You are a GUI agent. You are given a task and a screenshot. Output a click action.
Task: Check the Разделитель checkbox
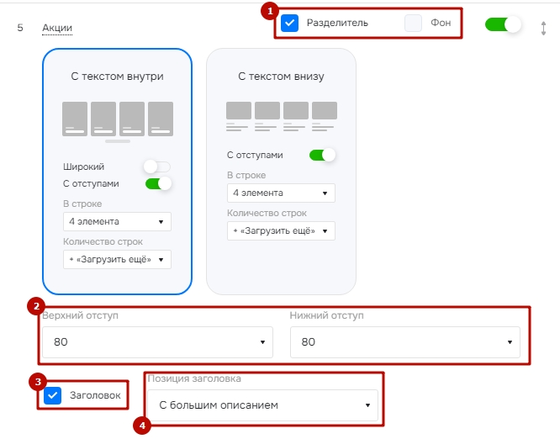click(x=289, y=24)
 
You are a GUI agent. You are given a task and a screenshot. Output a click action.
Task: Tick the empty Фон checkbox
click(x=413, y=24)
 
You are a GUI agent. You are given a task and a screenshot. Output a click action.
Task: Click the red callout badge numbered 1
click(x=270, y=11)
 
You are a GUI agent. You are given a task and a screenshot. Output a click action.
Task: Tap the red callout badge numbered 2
click(x=36, y=306)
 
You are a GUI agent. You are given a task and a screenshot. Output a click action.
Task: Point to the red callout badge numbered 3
click(x=38, y=382)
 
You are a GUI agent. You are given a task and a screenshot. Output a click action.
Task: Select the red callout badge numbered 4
click(x=142, y=426)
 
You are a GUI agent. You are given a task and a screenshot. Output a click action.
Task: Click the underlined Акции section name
click(x=57, y=28)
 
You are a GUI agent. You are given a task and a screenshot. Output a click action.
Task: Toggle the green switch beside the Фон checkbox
click(x=503, y=24)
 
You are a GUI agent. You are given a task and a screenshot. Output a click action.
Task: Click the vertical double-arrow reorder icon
click(x=543, y=29)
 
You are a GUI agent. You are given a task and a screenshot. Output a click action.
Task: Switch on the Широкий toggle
click(x=157, y=167)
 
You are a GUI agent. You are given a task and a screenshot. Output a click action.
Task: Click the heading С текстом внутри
click(x=117, y=77)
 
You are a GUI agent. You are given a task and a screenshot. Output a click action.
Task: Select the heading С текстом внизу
click(x=281, y=77)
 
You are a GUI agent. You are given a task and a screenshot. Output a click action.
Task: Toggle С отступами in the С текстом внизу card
click(x=323, y=155)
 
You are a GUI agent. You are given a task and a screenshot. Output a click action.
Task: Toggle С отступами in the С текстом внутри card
click(x=158, y=183)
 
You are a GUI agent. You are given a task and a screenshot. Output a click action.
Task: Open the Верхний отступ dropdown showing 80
click(x=157, y=342)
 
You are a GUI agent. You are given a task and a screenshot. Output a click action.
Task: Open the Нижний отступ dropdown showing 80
click(x=405, y=342)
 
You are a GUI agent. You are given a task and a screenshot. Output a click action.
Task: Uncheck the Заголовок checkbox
click(x=52, y=395)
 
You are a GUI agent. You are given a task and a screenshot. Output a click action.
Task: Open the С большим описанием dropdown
click(x=262, y=405)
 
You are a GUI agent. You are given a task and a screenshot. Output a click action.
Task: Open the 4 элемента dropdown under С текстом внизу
click(x=281, y=193)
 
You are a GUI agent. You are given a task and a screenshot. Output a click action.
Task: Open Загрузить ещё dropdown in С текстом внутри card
click(x=117, y=259)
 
